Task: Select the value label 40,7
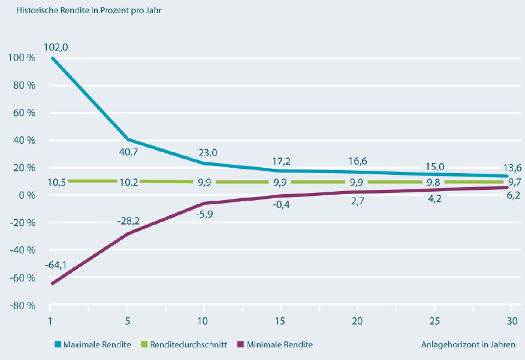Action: click(129, 152)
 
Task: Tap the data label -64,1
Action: click(56, 265)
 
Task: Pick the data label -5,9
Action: click(205, 211)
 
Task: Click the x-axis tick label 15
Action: click(280, 322)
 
